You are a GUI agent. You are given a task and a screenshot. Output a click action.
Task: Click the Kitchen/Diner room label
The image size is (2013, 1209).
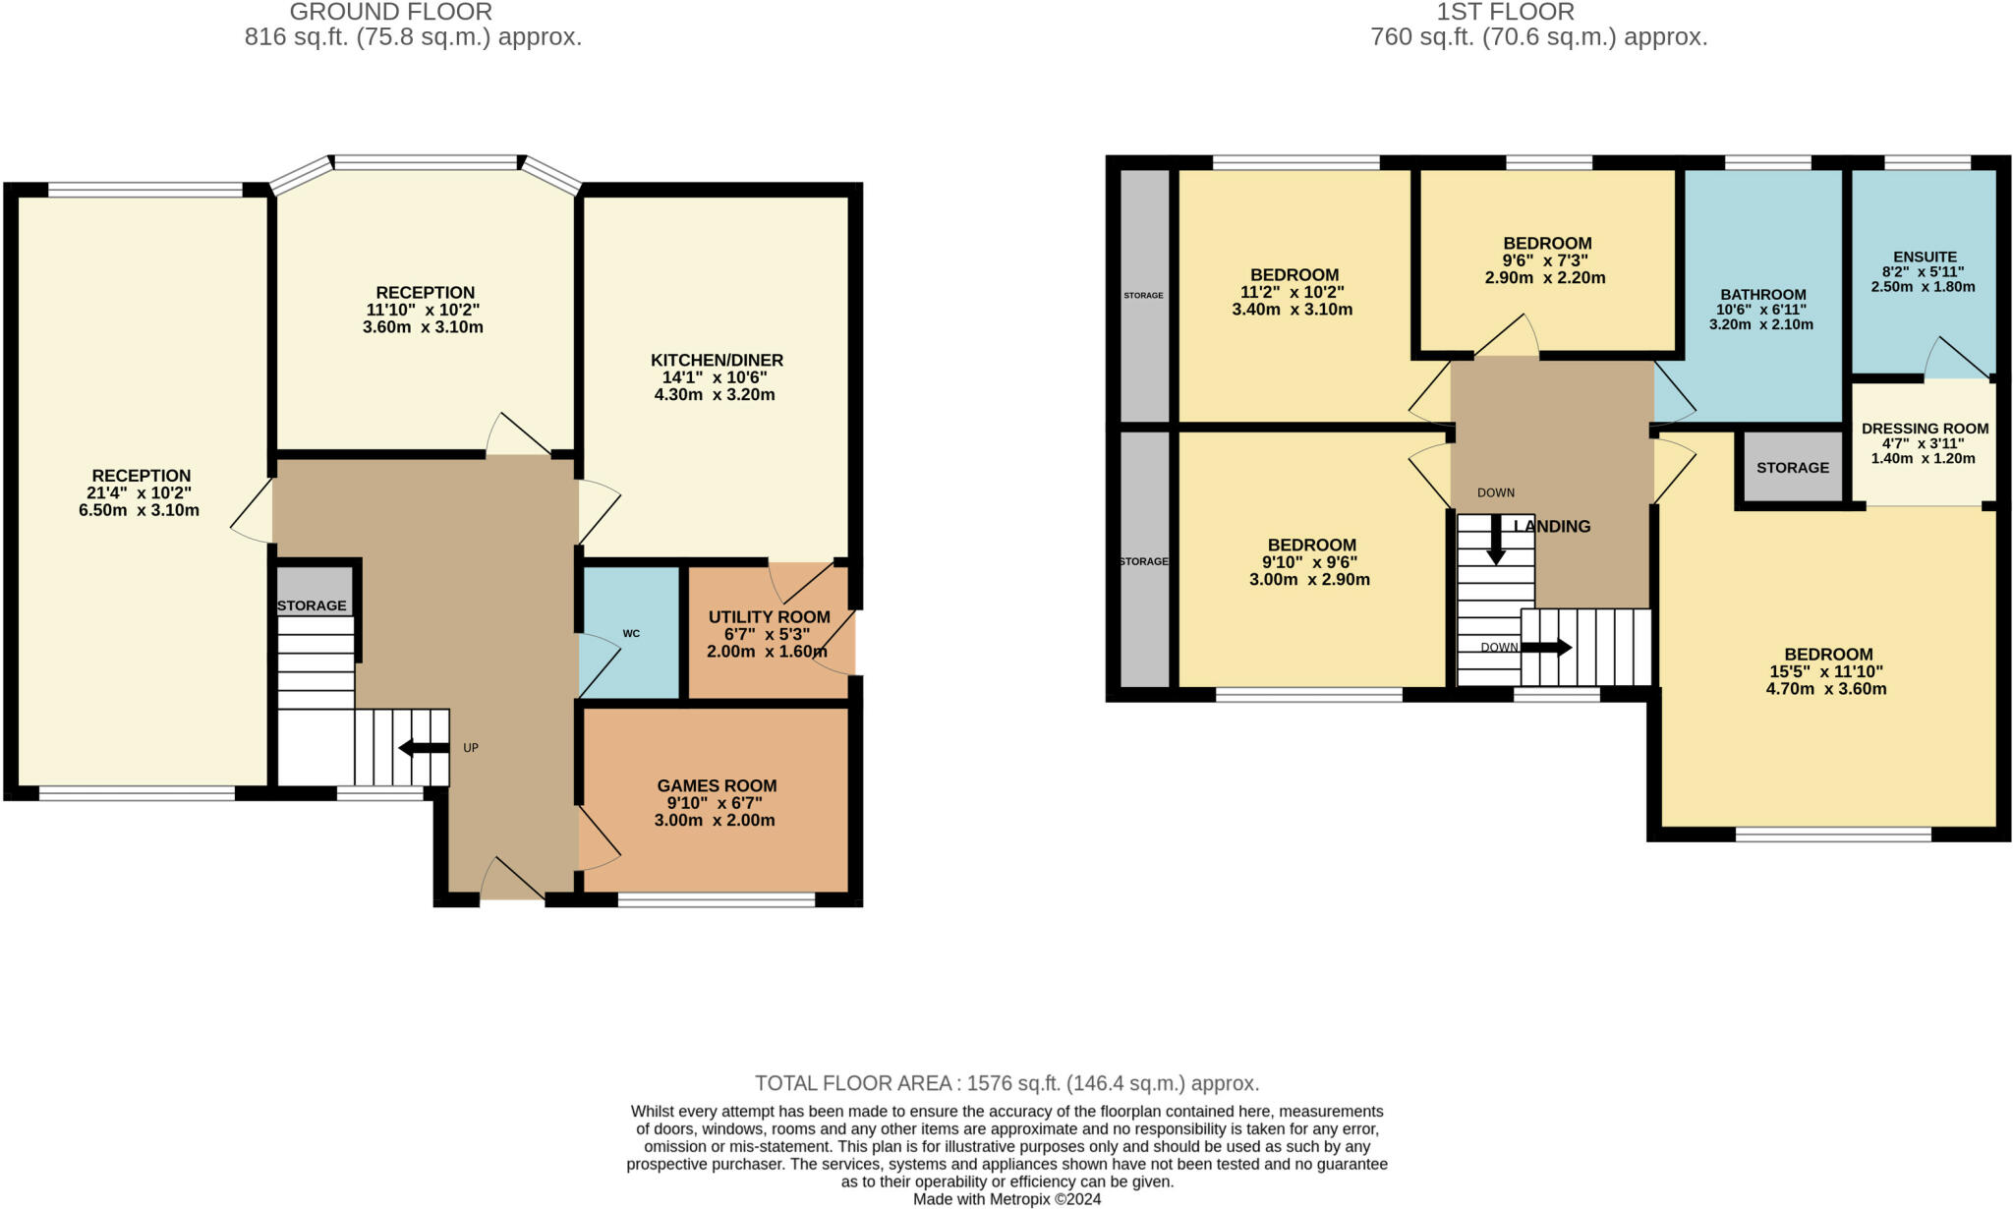tap(717, 360)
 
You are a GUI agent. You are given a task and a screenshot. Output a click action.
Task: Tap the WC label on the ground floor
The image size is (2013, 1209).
tap(631, 633)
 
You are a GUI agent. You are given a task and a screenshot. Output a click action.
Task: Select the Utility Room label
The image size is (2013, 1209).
tap(770, 617)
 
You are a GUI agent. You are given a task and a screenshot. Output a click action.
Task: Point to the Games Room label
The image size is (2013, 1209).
tap(717, 785)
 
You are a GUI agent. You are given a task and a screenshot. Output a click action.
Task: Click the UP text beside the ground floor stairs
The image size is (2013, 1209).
tap(471, 748)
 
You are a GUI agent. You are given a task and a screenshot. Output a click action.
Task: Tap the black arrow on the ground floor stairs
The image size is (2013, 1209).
tap(424, 748)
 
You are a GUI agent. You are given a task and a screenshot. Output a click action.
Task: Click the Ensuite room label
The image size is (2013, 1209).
tap(1925, 257)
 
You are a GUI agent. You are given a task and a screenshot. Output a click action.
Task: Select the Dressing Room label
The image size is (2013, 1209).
tap(1925, 429)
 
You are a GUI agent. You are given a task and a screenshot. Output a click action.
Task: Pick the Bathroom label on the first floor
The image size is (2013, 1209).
tap(1763, 294)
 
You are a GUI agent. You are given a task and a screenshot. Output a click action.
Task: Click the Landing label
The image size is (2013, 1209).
tap(1552, 526)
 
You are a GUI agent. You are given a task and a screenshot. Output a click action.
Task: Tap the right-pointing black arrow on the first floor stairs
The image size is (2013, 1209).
tap(1546, 648)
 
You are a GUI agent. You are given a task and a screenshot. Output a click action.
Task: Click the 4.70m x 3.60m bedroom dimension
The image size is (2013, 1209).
tap(1826, 689)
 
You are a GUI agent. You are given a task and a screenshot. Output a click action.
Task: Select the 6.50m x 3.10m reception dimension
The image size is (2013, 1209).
tap(139, 510)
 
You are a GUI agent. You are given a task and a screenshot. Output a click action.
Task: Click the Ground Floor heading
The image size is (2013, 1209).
tap(391, 12)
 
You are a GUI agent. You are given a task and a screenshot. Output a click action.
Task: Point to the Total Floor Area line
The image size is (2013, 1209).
tap(1006, 1083)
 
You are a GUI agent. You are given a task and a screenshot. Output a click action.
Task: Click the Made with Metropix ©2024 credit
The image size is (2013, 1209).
tap(1007, 1199)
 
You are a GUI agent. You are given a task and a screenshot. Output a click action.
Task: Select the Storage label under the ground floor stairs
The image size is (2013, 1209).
tap(312, 605)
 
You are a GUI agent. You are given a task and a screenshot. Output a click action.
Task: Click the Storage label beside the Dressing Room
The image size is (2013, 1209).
tap(1793, 467)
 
